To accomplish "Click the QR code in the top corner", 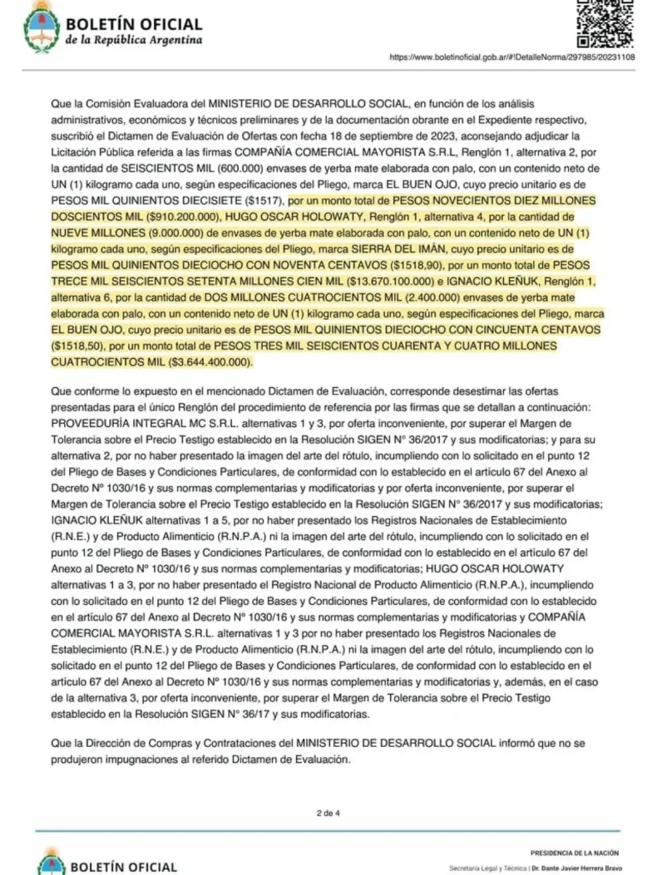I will click(x=605, y=23).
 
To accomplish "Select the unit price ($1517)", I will click(x=259, y=200).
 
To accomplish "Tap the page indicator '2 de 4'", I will click(x=328, y=812).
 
